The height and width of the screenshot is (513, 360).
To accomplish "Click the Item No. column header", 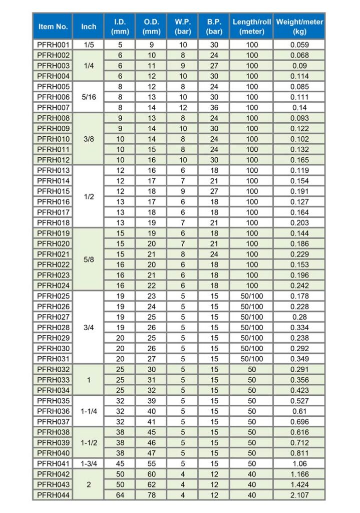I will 53,27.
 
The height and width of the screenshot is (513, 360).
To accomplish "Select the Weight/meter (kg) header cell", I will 299,27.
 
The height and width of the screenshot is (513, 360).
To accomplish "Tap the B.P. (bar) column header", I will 214,27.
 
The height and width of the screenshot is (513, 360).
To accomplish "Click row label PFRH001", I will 53,45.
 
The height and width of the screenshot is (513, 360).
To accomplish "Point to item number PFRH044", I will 53,495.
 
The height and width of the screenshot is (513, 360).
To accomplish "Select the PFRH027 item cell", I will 53,317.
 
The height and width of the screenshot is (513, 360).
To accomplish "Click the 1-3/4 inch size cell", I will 89,463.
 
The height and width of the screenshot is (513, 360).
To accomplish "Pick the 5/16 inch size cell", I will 89,97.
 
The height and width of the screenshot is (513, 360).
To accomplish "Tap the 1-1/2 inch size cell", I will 89,442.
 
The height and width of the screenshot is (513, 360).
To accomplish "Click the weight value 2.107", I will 299,495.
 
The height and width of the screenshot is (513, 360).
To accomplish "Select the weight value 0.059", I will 299,45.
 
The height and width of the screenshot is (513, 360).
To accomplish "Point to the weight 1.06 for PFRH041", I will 299,463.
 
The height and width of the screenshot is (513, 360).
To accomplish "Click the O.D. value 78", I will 151,495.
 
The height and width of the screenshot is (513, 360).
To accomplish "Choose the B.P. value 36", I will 214,107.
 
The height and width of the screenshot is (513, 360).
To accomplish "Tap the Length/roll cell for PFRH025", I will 252,296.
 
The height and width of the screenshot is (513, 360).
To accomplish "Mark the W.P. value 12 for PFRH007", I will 183,107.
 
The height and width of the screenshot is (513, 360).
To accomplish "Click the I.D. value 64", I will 120,495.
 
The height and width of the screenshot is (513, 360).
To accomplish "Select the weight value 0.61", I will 299,411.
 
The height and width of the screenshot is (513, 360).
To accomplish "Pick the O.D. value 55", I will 151,463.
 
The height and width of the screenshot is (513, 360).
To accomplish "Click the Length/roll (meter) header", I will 252,27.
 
